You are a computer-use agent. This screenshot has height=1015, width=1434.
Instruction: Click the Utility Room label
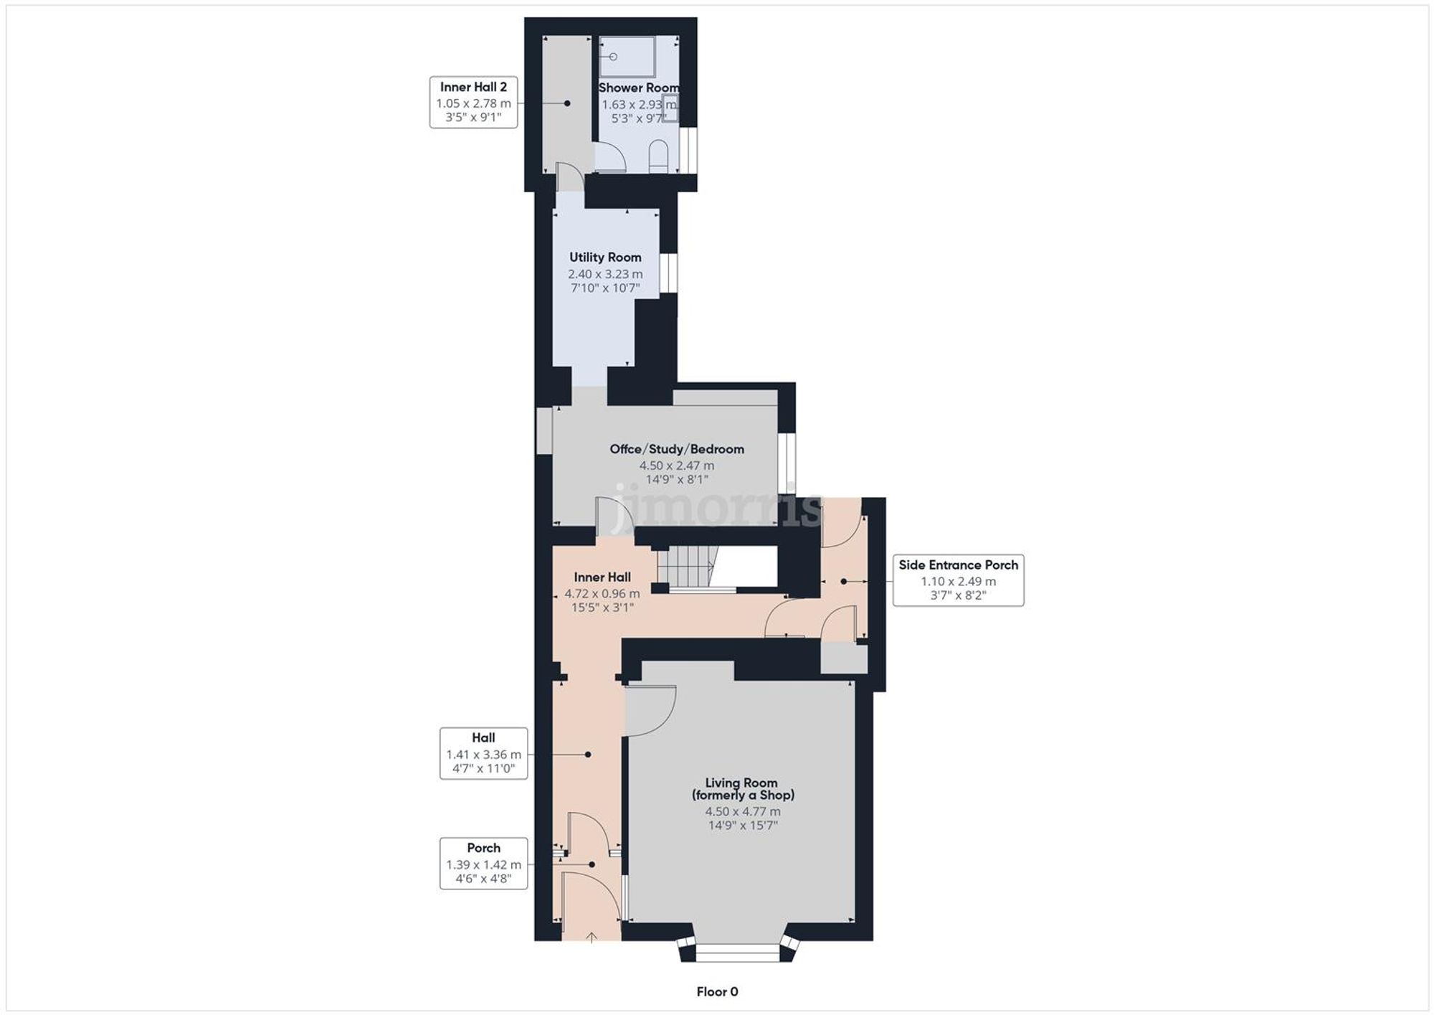point(605,258)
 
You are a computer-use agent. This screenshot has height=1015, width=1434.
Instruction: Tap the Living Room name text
point(742,789)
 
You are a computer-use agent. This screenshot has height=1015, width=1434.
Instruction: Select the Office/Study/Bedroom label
point(676,449)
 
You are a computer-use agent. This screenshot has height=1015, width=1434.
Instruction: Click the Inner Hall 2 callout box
point(473,103)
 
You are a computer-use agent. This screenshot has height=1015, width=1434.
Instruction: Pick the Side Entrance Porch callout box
point(958,580)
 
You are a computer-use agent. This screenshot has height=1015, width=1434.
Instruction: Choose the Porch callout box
point(483,864)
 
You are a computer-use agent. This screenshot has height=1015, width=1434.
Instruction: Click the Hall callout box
point(483,753)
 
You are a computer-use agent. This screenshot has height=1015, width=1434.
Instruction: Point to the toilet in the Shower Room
point(658,156)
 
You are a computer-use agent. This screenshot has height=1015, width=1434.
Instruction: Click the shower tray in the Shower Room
point(627,57)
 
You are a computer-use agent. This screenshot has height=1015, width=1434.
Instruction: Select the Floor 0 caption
point(717,991)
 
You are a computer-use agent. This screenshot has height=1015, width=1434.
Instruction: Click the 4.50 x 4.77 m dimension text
point(742,811)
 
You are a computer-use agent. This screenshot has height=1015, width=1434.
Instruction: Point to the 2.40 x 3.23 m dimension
point(605,274)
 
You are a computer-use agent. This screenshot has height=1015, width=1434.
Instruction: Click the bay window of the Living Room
point(737,953)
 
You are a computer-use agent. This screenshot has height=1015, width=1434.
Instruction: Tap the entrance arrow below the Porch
point(592,937)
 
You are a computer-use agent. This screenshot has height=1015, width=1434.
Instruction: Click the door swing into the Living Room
point(649,710)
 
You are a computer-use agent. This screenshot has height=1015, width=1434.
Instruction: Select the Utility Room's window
point(668,273)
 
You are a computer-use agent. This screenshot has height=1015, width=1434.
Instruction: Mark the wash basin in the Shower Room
point(670,110)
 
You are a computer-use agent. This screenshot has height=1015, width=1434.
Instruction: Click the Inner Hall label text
point(602,577)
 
